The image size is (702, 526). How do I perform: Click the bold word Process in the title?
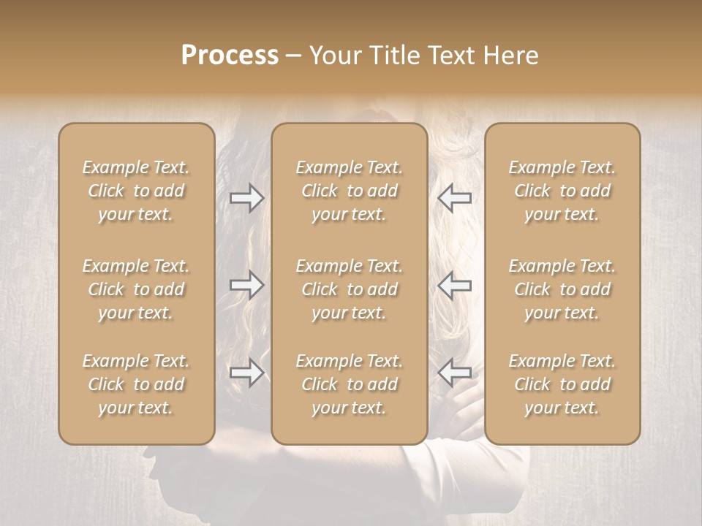[230, 56]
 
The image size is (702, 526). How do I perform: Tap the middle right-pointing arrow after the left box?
[246, 285]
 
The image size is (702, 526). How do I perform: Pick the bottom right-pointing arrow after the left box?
[246, 373]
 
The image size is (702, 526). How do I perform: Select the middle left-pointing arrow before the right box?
[455, 285]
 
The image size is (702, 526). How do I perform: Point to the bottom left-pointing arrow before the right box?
[455, 373]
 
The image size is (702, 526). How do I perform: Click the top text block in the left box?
[136, 191]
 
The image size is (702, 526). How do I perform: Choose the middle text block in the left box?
[136, 289]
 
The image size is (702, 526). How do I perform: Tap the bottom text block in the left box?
[136, 384]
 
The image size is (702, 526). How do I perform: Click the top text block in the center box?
[350, 191]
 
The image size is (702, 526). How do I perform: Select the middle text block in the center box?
[350, 289]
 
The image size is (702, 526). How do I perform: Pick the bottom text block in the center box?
[350, 384]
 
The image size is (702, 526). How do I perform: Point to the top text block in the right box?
[562, 191]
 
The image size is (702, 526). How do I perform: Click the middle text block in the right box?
[562, 289]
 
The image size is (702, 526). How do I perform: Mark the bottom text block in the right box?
[562, 384]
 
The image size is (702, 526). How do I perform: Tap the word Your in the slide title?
[333, 56]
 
